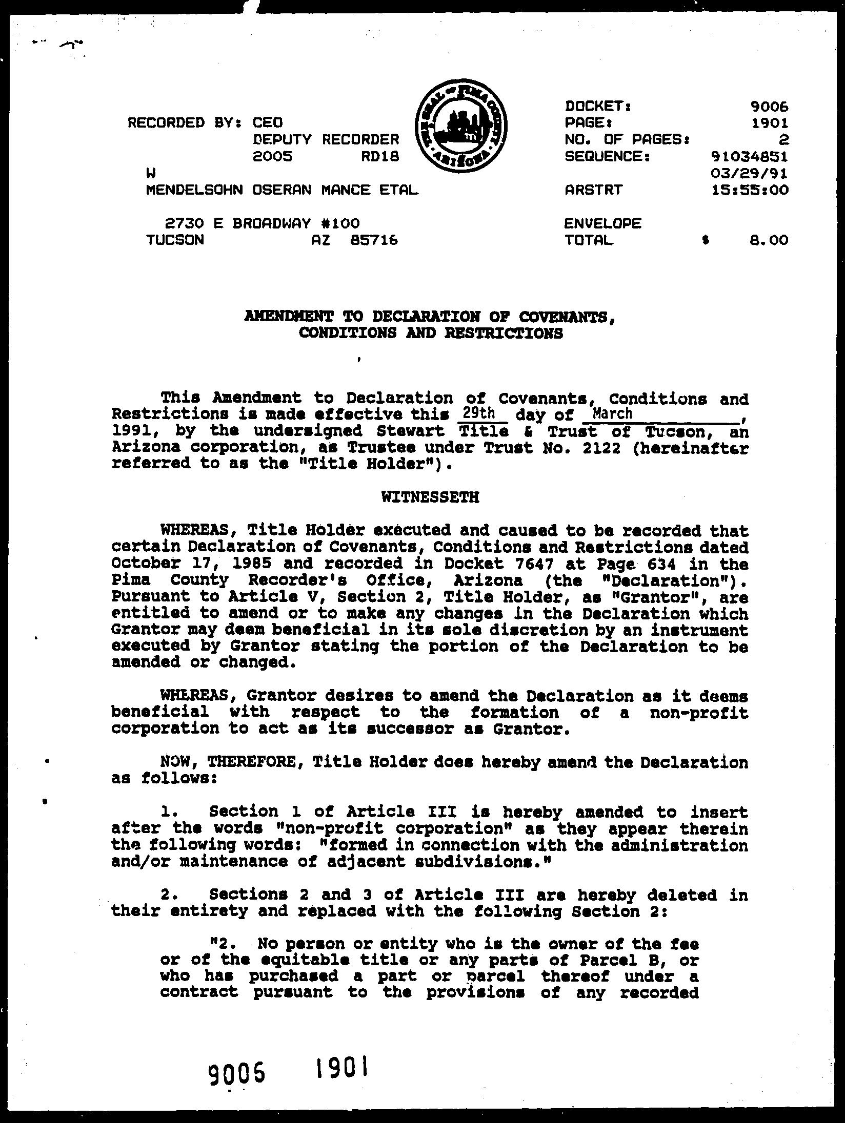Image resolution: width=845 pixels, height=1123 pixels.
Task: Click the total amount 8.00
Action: click(768, 240)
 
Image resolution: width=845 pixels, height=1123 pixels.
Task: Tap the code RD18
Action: click(379, 156)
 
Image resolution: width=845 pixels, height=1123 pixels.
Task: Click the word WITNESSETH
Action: click(430, 497)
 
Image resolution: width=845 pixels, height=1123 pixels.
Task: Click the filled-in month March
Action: click(612, 413)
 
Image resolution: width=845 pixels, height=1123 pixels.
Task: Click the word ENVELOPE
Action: click(602, 223)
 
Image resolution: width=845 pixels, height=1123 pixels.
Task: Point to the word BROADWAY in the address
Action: click(271, 223)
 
